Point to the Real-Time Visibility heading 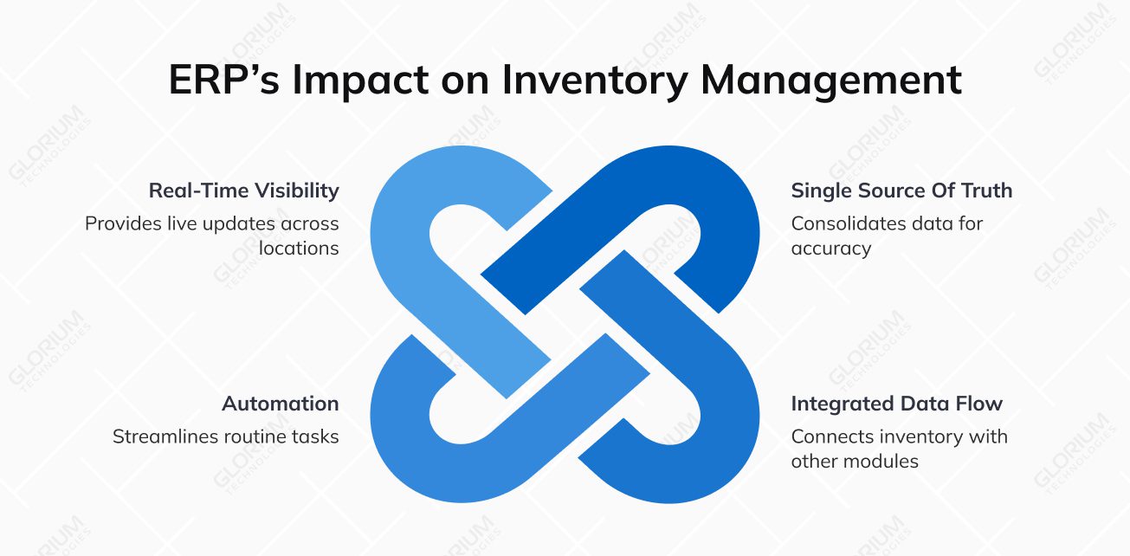(243, 191)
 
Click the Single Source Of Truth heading (901, 191)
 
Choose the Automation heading (280, 404)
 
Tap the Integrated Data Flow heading (896, 404)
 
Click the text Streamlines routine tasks (225, 436)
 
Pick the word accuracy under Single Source (830, 249)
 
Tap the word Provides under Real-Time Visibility (120, 223)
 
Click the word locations (299, 249)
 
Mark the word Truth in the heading (985, 191)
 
